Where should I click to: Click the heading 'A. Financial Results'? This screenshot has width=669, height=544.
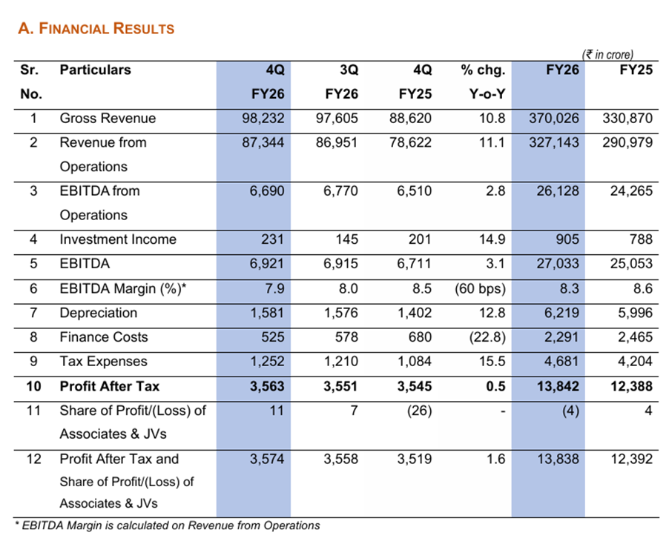coord(96,29)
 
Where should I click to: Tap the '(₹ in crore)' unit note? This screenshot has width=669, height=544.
coord(608,55)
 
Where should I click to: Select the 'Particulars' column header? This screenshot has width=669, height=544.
coord(95,70)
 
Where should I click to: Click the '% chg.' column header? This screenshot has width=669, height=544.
coord(483,70)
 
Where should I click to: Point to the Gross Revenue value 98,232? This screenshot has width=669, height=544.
coord(263,118)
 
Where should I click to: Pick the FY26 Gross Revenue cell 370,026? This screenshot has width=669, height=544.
coord(553,118)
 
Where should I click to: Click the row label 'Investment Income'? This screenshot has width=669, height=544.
coord(118,239)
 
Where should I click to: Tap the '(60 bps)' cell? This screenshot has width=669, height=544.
coord(480,288)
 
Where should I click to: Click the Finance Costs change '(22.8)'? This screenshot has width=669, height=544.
coord(486,337)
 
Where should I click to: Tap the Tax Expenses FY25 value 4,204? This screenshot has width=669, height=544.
coord(635,362)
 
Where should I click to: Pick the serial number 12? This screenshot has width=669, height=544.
coord(33,459)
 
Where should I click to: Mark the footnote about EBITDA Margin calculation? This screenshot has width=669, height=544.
coord(168,525)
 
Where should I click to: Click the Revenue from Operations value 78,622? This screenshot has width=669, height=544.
coord(410,142)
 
